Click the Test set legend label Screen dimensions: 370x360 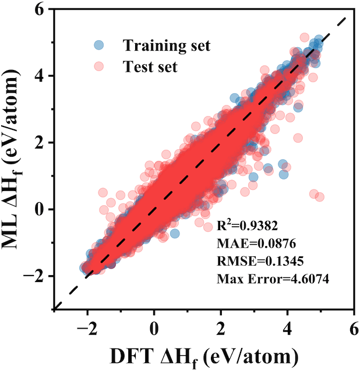(150, 67)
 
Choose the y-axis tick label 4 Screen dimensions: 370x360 (41, 76)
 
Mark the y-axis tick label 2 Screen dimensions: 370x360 (41, 142)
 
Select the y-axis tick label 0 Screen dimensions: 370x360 (41, 209)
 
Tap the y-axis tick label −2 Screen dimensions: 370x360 (37, 276)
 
